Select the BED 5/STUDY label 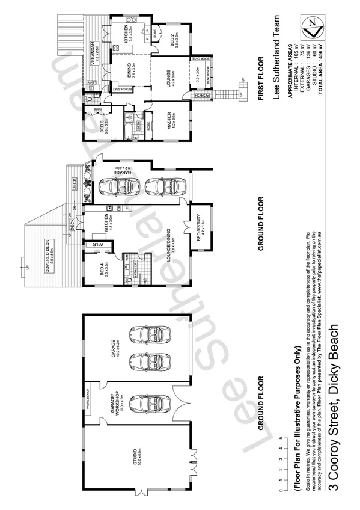(192, 226)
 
